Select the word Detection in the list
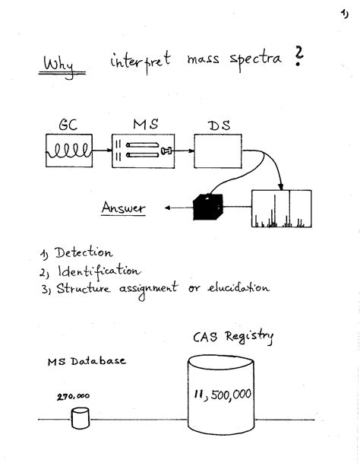coord(84,253)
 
